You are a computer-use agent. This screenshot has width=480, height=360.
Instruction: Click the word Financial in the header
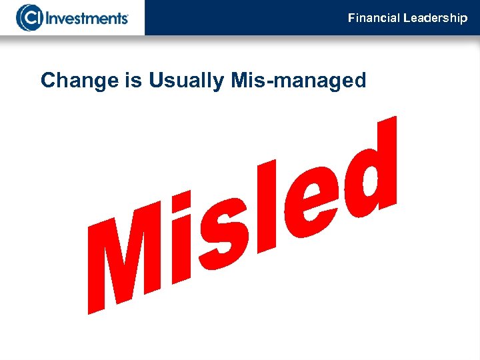tap(374, 18)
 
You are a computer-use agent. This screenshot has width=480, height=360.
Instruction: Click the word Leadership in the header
tap(435, 18)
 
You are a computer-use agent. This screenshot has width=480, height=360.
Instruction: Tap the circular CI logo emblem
tap(29, 17)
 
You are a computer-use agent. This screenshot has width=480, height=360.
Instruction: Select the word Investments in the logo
tap(86, 17)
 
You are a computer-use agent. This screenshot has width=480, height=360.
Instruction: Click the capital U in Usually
tap(156, 81)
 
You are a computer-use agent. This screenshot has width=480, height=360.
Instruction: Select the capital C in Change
tap(48, 81)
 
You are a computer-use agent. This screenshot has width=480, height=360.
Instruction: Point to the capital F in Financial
tap(351, 18)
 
